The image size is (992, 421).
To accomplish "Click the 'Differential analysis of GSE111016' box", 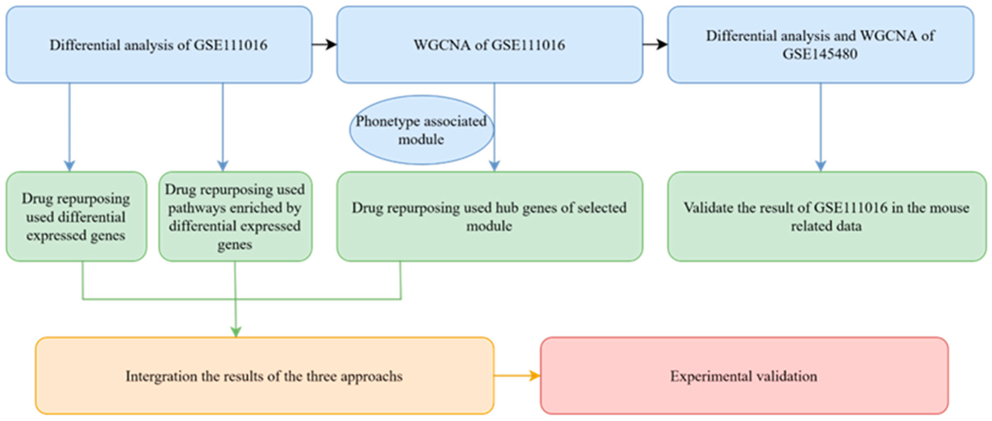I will point(159,45).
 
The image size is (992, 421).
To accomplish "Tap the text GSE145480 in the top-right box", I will point(820,54).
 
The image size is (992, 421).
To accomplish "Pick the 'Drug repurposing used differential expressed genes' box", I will point(76,217).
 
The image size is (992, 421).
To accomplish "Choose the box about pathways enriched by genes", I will point(235,217).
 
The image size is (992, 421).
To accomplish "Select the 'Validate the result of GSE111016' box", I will point(826,217).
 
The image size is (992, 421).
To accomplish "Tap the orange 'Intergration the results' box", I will point(264,376).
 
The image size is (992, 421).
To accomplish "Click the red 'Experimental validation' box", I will point(744,376).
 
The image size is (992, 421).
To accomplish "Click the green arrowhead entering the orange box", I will point(236,332).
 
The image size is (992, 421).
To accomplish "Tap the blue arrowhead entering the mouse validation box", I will point(821,166).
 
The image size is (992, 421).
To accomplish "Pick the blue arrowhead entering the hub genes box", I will point(494,166).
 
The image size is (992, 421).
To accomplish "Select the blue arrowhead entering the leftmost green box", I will point(69,166).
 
